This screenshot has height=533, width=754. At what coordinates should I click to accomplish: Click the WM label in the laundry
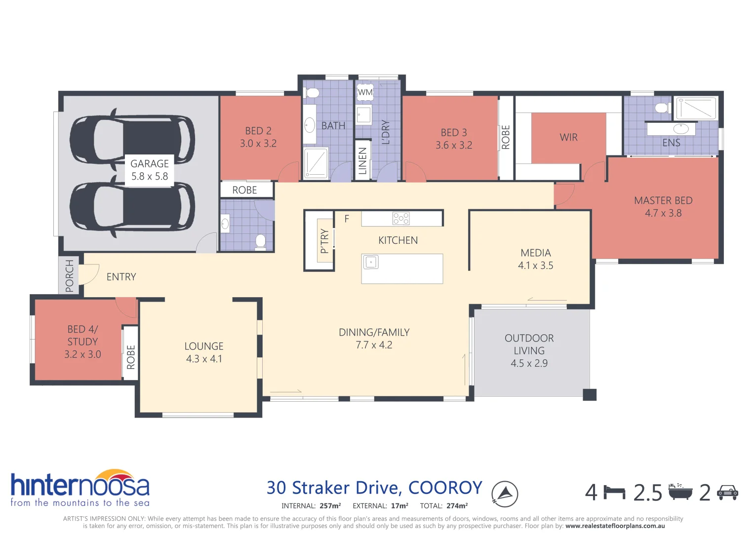point(365,92)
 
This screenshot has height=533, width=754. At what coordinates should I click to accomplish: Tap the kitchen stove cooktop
point(400,218)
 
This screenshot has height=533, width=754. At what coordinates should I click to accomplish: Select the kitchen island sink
point(371,262)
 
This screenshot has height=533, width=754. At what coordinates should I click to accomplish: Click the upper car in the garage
point(132,139)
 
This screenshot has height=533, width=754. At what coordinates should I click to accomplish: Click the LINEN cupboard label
point(362,161)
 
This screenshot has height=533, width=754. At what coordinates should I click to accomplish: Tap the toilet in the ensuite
point(661,108)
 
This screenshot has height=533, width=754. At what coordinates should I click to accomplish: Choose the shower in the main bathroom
point(316,162)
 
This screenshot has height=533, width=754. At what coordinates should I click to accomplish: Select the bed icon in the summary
point(614,493)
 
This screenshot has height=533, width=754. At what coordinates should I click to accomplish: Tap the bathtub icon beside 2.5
point(680,492)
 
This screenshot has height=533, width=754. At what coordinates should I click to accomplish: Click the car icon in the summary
point(727,493)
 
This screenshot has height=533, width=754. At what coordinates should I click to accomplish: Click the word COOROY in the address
point(445,488)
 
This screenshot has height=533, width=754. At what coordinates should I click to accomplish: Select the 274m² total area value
point(457,506)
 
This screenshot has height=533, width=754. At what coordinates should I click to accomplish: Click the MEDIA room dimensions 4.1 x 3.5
point(535,266)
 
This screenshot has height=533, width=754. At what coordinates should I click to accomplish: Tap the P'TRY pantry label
point(324,241)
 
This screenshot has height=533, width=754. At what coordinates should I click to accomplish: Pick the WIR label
point(568,138)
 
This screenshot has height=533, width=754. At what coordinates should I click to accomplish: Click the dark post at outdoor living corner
point(589,395)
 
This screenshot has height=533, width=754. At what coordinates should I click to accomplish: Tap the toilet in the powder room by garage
point(260,242)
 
